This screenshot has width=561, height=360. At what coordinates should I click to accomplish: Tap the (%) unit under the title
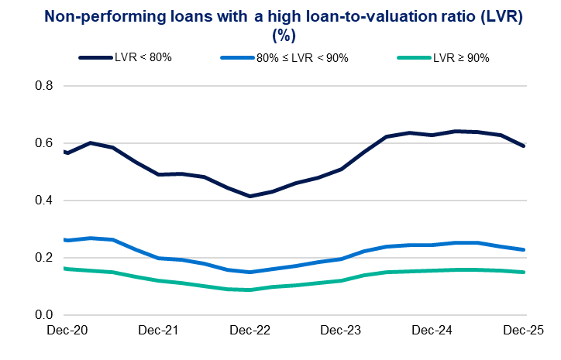[x=280, y=35]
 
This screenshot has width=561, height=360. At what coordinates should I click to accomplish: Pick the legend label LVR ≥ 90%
[x=460, y=57]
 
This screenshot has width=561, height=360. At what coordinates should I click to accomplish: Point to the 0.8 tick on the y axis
[x=43, y=86]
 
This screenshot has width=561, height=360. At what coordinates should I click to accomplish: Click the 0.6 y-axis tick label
[x=43, y=143]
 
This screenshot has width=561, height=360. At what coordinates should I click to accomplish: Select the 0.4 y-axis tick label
[x=43, y=201]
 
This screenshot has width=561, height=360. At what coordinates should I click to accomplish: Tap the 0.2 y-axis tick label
[x=43, y=258]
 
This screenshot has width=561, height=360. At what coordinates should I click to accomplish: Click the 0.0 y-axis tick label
[x=43, y=315]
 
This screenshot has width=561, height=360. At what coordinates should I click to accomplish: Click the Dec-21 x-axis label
[x=158, y=331]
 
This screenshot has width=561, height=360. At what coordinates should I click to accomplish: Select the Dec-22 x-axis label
[x=250, y=331]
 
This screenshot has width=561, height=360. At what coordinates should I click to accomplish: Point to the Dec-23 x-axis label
[x=341, y=331]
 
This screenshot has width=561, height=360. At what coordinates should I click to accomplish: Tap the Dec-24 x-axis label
[x=432, y=331]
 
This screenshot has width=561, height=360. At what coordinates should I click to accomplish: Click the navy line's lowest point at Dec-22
[x=249, y=196]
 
